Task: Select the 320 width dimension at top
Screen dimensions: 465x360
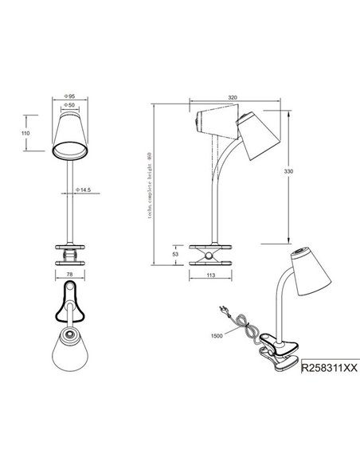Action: (x=232, y=97)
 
